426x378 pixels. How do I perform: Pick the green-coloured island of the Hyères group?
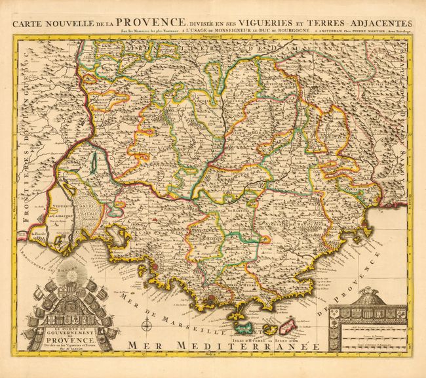click(x=244, y=326)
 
